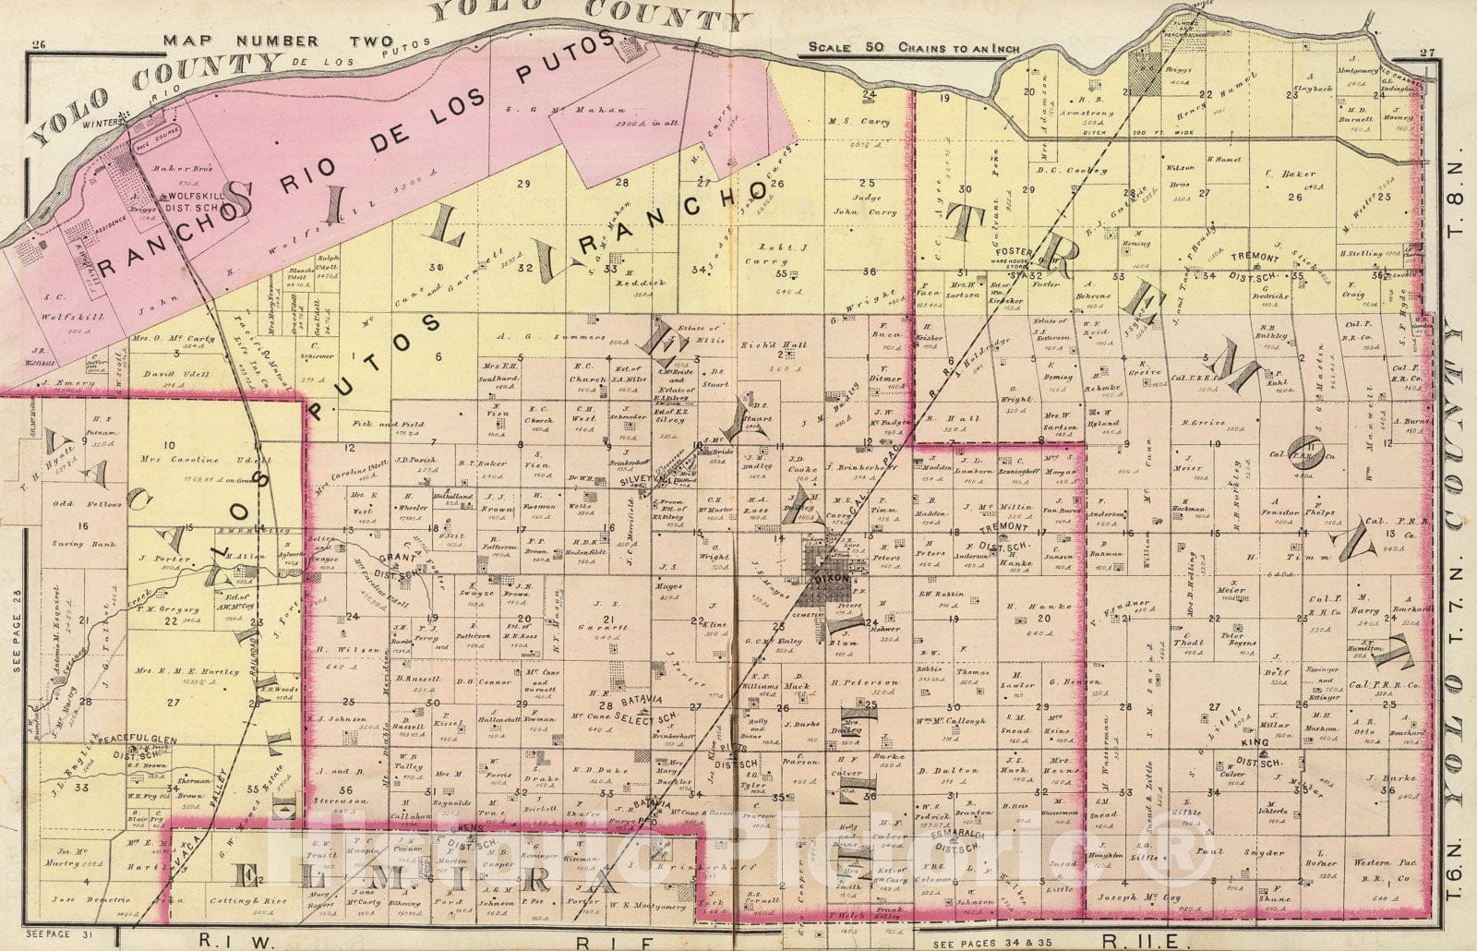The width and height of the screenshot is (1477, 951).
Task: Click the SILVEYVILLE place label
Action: pos(624,481)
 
